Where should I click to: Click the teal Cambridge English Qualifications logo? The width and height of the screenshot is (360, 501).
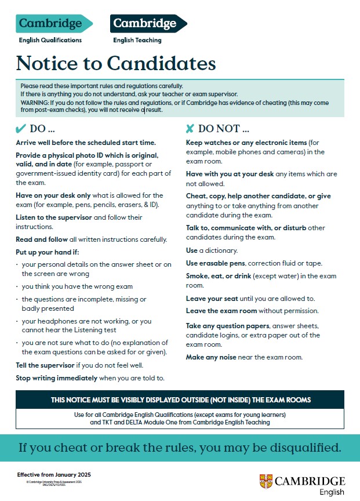click(54, 24)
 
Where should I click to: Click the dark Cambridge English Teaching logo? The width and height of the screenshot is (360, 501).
click(147, 24)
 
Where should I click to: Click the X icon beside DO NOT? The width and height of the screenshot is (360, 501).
click(190, 128)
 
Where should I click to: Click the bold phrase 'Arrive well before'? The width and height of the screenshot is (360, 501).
click(45, 143)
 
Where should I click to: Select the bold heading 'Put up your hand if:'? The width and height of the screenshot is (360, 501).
click(48, 252)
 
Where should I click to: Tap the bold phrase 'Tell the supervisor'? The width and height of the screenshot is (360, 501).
click(45, 365)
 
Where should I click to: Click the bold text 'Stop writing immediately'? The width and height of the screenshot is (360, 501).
click(56, 378)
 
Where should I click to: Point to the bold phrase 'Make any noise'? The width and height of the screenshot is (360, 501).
click(211, 357)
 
